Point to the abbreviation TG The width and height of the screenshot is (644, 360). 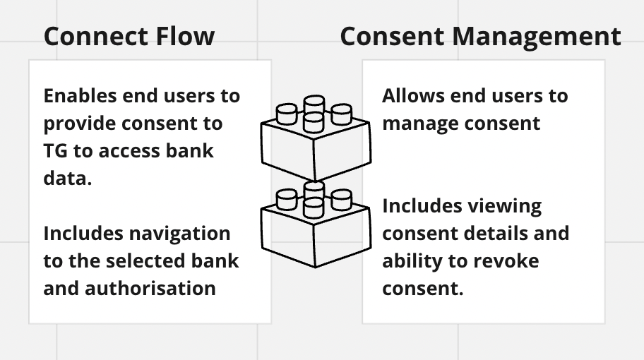pyautogui.click(x=56, y=151)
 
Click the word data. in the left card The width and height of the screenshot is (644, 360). pyautogui.click(x=68, y=179)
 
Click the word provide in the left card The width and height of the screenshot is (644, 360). pyautogui.click(x=79, y=124)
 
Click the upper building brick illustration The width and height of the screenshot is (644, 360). pyautogui.click(x=314, y=140)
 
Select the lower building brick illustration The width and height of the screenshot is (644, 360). pyautogui.click(x=314, y=226)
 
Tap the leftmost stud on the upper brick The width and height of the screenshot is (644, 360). pyautogui.click(x=287, y=113)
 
